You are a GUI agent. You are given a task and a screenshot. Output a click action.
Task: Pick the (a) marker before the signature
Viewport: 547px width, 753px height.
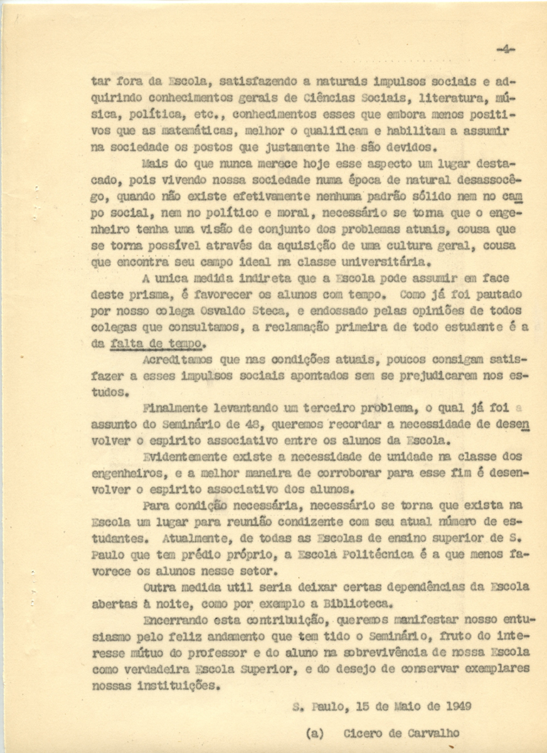[315, 733]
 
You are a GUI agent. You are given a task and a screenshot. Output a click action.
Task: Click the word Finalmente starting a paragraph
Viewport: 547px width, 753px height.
[178, 409]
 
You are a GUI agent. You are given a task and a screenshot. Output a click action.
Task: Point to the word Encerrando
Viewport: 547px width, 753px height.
[179, 620]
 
